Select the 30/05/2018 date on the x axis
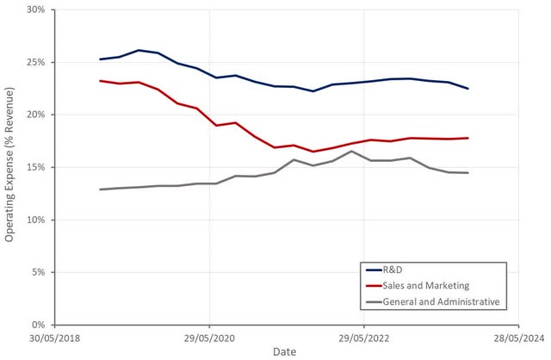[x=54, y=338]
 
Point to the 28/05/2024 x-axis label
[x=518, y=338]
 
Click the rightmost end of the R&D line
[x=468, y=89]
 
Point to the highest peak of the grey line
[x=351, y=152]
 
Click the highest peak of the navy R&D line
[x=139, y=50]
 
